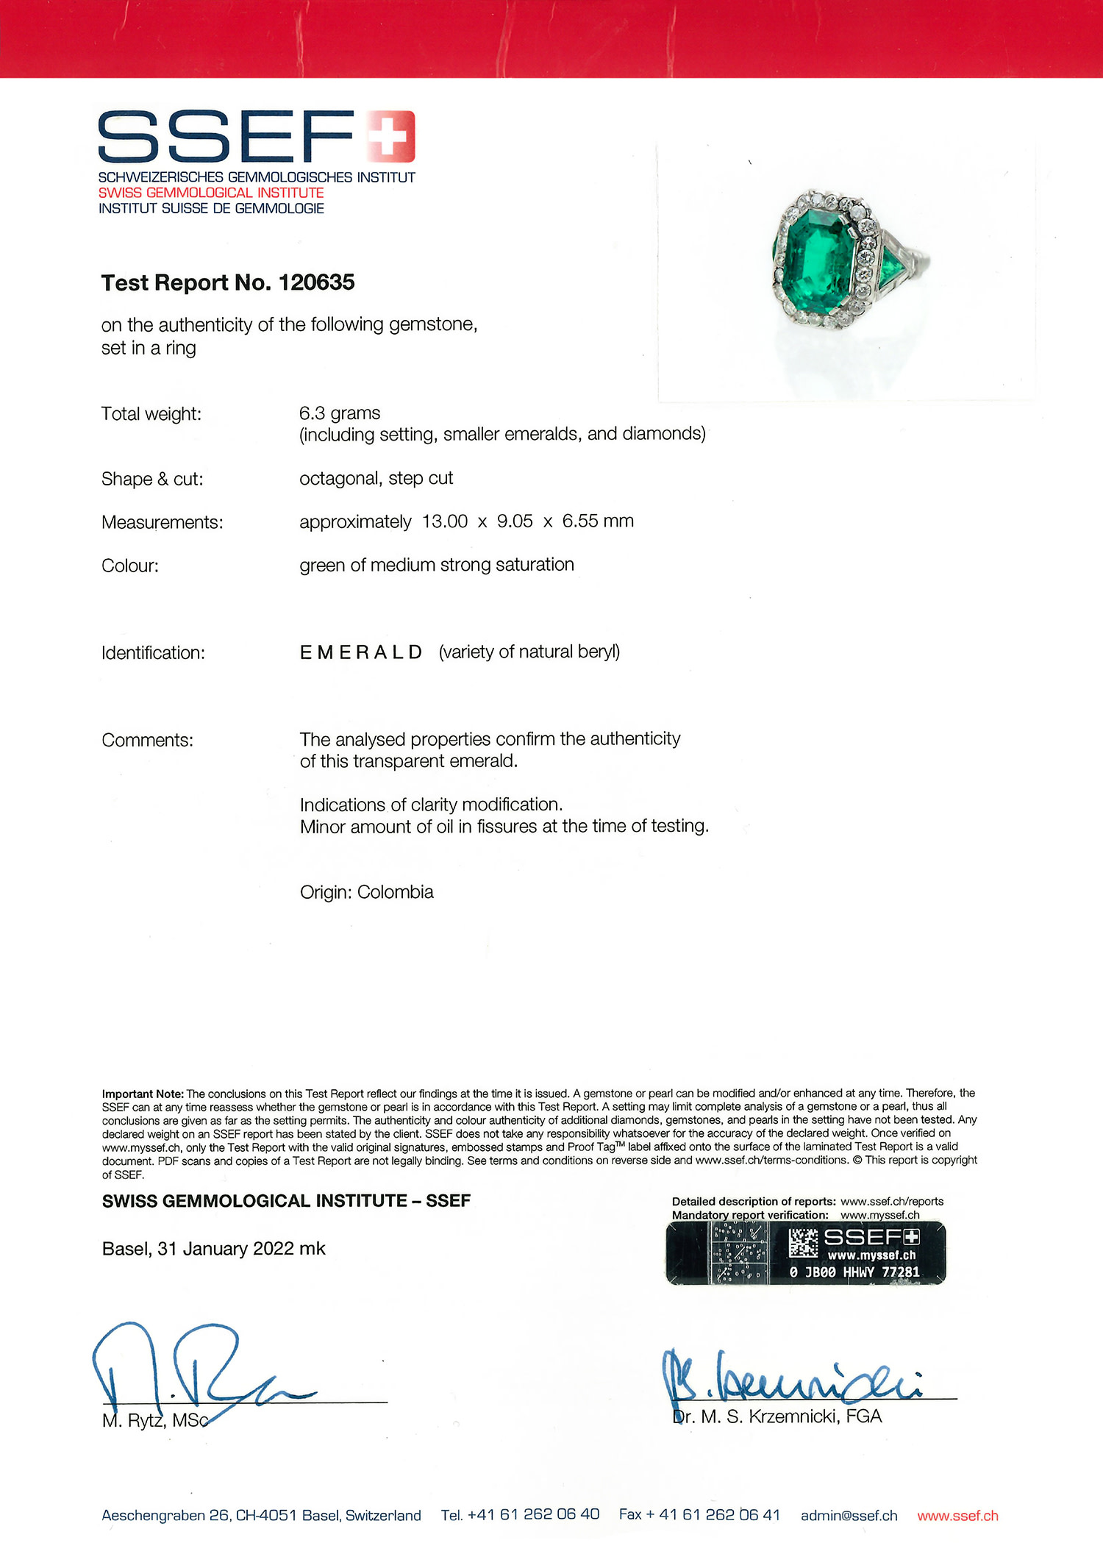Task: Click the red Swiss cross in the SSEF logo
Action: (x=390, y=136)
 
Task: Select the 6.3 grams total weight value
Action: (x=340, y=413)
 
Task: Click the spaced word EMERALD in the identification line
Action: (x=361, y=652)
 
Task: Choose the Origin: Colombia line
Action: (x=366, y=892)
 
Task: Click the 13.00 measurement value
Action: (x=445, y=521)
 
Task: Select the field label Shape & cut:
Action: (x=152, y=479)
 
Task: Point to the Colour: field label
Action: (x=130, y=566)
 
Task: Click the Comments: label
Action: (x=147, y=740)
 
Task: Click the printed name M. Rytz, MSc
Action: (x=155, y=1421)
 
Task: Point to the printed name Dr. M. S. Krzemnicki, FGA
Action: (x=777, y=1416)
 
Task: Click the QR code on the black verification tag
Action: (x=802, y=1243)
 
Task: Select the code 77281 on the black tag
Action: (x=900, y=1272)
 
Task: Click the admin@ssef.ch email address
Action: (x=849, y=1516)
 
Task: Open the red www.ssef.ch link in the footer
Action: (x=957, y=1516)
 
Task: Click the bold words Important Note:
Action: (x=143, y=1094)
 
